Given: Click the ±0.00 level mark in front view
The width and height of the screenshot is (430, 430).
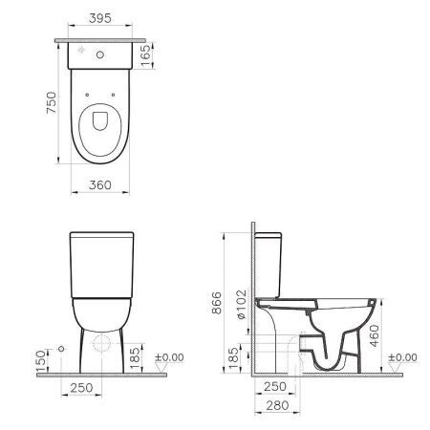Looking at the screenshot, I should click(171, 358).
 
